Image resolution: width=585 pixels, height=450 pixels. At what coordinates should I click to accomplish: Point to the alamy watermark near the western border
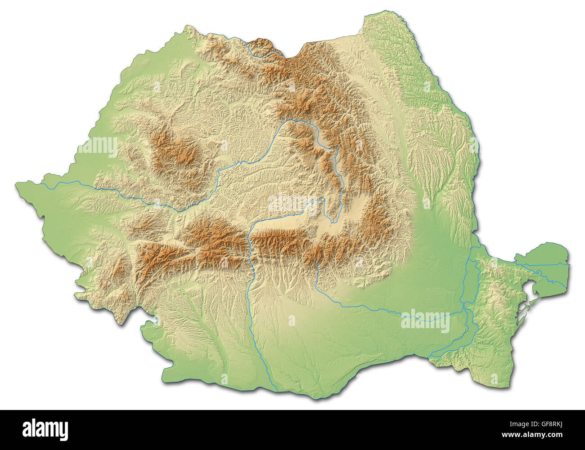pyautogui.click(x=98, y=147)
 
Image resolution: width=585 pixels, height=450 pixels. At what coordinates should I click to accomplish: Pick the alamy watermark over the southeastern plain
pyautogui.click(x=425, y=320)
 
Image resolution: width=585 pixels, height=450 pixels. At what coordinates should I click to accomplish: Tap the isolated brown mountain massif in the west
pyautogui.click(x=175, y=153)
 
